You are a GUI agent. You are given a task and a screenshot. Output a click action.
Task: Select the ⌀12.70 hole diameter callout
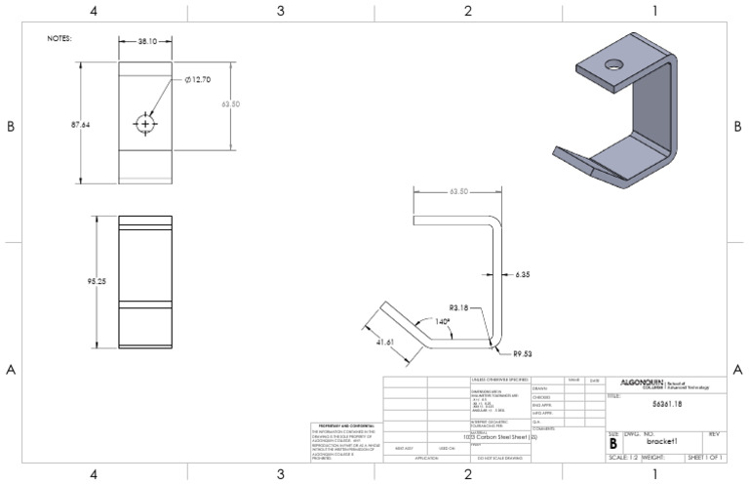click(199, 80)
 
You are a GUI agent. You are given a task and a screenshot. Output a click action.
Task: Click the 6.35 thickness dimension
click(522, 276)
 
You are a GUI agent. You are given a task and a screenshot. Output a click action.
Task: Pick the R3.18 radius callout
click(461, 308)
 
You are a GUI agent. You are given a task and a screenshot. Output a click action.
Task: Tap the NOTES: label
click(60, 39)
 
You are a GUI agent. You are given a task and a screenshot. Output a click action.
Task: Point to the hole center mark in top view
click(145, 124)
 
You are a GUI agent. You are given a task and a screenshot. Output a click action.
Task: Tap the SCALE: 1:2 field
click(624, 457)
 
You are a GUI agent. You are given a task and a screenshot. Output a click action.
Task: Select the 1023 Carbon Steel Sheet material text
click(497, 437)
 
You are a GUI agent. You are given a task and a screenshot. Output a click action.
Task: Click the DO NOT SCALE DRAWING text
click(499, 457)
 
